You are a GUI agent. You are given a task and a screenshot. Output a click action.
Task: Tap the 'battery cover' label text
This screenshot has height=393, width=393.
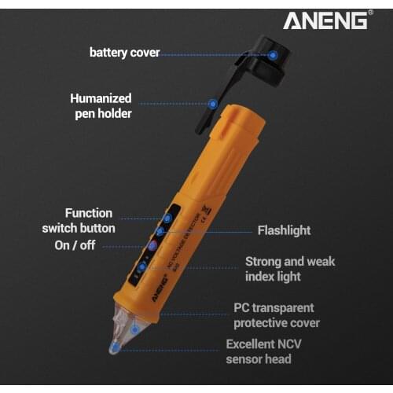click(124, 53)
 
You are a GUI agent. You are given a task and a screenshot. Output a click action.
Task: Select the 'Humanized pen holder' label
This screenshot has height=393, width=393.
click(101, 106)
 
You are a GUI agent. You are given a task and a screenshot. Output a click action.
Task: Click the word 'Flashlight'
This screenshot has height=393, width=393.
click(284, 230)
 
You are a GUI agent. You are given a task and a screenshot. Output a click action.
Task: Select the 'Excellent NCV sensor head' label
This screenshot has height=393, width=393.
click(259, 351)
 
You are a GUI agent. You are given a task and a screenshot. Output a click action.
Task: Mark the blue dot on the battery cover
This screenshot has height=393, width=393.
click(273, 55)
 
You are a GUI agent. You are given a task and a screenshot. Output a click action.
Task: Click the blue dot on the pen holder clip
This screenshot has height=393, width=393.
click(212, 103)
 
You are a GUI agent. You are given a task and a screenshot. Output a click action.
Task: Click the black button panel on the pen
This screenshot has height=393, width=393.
click(154, 244)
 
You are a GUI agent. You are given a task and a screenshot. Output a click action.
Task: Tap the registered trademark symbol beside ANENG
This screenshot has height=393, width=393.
click(370, 13)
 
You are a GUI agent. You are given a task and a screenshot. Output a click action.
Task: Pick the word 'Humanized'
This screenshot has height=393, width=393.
click(101, 99)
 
